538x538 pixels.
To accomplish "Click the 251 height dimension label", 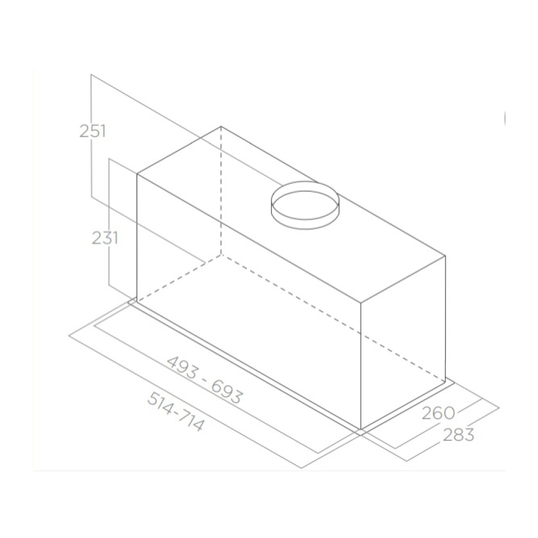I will [93, 131].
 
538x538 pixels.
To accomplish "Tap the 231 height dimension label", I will [105, 238].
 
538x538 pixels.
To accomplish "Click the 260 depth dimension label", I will [438, 413].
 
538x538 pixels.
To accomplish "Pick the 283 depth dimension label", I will [458, 434].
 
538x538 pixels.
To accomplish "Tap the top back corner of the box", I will [221, 127].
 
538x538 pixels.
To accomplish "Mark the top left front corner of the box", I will [137, 173].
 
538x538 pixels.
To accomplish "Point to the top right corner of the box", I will [445, 256].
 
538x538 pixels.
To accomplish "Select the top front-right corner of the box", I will [361, 303].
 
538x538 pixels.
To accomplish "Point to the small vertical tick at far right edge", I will [504, 118].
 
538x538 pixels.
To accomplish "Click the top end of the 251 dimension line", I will [91, 75].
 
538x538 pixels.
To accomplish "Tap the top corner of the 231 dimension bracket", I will [109, 158].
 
